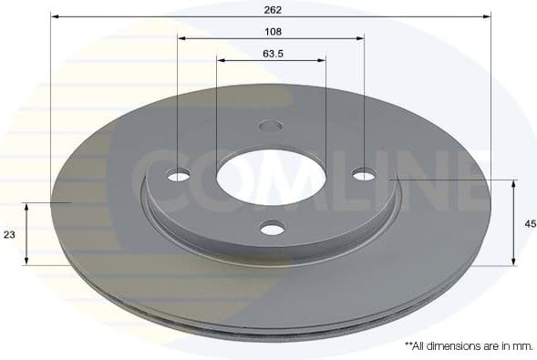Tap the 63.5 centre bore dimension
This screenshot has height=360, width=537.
(274, 53)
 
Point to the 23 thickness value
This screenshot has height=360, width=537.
(10, 234)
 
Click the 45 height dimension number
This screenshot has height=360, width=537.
(530, 223)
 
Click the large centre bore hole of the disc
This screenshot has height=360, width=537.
(271, 174)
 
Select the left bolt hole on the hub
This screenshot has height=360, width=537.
(179, 175)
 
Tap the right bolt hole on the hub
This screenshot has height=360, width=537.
(364, 174)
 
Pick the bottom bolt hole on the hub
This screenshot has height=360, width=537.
(272, 228)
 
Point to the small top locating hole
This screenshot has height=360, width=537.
(271, 126)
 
